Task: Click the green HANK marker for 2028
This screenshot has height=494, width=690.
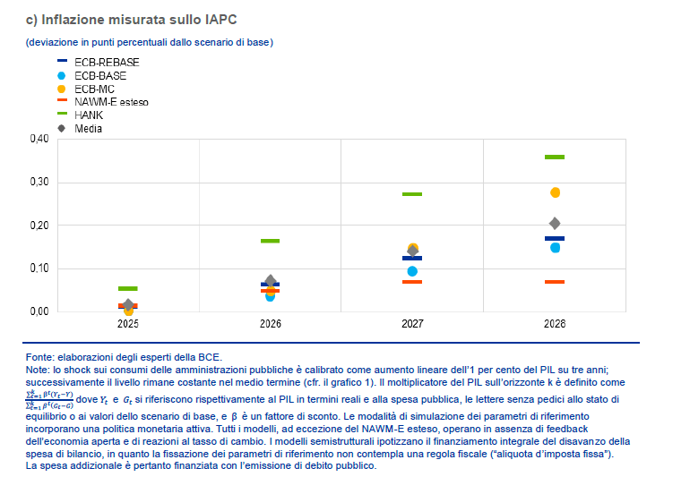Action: [x=555, y=158]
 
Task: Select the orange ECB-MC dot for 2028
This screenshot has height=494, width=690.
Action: [x=555, y=192]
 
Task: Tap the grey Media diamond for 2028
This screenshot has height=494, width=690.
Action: [x=555, y=224]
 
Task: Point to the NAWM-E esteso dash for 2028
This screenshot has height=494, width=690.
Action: [x=555, y=282]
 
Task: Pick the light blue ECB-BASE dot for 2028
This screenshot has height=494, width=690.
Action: [x=555, y=248]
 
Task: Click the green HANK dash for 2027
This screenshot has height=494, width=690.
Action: [x=412, y=194]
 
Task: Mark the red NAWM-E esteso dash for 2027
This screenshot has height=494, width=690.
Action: [x=412, y=282]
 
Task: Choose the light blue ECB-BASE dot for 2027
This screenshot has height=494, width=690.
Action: [x=412, y=271]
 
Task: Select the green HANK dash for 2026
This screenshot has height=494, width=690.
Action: [x=270, y=241]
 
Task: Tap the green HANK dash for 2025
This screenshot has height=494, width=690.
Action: [x=128, y=289]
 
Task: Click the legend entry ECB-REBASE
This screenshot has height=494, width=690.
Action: [x=106, y=62]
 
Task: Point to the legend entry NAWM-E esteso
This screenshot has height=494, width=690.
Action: [x=111, y=102]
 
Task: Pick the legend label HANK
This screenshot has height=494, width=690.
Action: [x=89, y=115]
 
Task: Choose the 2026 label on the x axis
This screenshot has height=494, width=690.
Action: [x=270, y=323]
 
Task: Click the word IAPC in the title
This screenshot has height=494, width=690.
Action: [x=222, y=19]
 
